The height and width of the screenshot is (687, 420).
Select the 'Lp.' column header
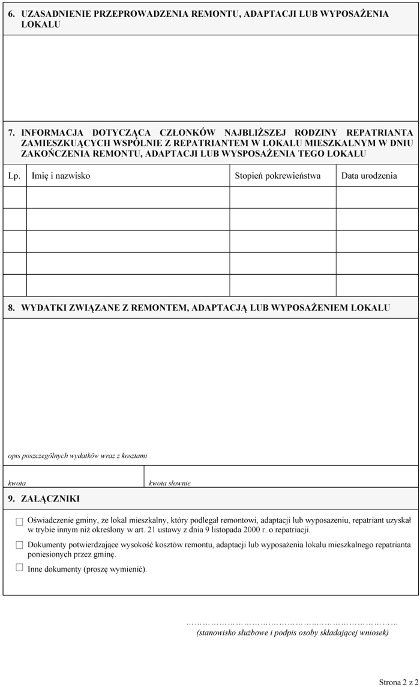pyautogui.click(x=14, y=176)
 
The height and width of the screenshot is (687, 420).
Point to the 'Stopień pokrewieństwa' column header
pyautogui.click(x=277, y=176)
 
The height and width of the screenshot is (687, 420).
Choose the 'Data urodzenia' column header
pyautogui.click(x=369, y=176)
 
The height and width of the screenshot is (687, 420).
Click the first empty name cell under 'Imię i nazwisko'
pyautogui.click(x=128, y=197)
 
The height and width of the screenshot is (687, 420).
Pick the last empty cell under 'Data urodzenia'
pyautogui.click(x=377, y=285)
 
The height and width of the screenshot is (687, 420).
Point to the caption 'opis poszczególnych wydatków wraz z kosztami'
pyautogui.click(x=78, y=456)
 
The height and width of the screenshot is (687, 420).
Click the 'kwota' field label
pyautogui.click(x=17, y=482)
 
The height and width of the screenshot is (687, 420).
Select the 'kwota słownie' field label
pyautogui.click(x=170, y=482)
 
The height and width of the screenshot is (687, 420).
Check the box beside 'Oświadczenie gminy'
pyautogui.click(x=20, y=522)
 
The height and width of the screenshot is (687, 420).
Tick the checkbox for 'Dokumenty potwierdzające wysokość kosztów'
pyautogui.click(x=20, y=545)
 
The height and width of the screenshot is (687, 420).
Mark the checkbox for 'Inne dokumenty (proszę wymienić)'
pyautogui.click(x=20, y=568)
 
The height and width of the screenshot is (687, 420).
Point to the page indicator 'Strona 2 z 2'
pyautogui.click(x=398, y=682)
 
